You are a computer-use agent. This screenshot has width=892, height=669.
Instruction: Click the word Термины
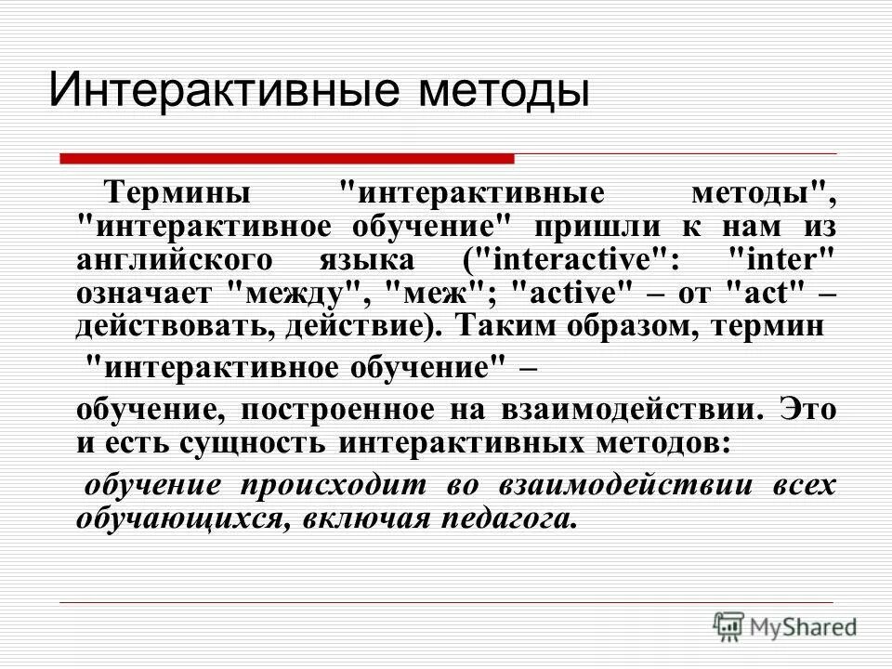point(177,194)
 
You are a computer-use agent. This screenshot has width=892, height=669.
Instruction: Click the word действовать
point(159,326)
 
